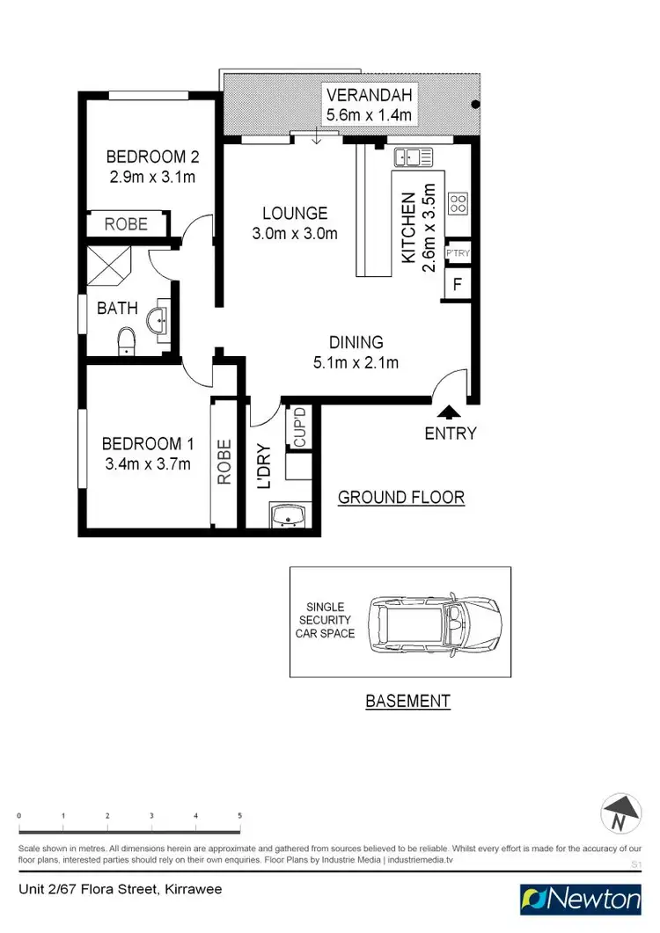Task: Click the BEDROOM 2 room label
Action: click(x=152, y=157)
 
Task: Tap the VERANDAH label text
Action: click(x=369, y=94)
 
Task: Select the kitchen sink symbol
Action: click(x=414, y=157)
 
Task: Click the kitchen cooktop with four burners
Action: click(x=458, y=204)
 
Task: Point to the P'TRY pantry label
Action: click(x=458, y=254)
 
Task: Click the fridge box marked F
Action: click(x=458, y=284)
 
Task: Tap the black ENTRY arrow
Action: click(x=449, y=411)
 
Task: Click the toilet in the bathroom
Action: click(x=127, y=339)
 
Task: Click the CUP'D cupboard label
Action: click(x=299, y=427)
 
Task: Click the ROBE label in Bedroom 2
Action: click(x=127, y=224)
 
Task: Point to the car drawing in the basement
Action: click(x=434, y=622)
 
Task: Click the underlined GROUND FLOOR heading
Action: click(x=401, y=498)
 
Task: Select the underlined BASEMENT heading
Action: click(x=407, y=701)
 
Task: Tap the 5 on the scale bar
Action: click(x=240, y=816)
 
